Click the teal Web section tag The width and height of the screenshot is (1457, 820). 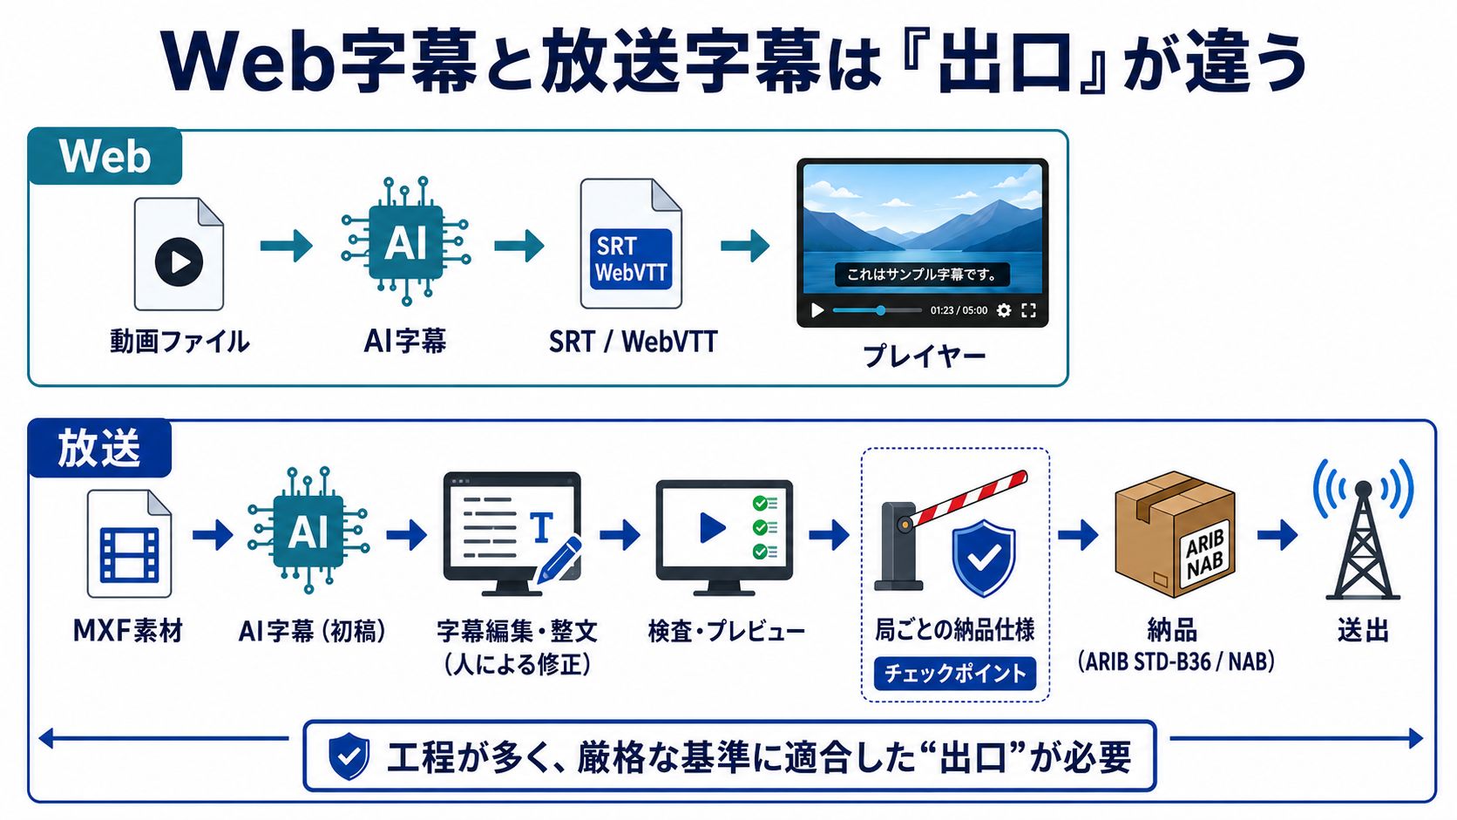(105, 156)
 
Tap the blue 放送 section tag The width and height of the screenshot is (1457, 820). (99, 448)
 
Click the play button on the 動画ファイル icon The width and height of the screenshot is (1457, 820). (179, 262)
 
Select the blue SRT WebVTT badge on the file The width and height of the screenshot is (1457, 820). (631, 259)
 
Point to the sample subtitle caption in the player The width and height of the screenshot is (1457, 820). (922, 274)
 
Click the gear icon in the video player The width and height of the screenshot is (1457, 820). (1004, 310)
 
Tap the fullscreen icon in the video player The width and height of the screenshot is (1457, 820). (1028, 310)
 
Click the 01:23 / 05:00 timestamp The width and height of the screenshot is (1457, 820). (959, 311)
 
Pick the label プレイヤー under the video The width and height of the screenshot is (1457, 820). (925, 356)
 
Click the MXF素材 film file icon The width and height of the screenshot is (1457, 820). (130, 545)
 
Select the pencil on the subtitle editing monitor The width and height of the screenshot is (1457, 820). (559, 560)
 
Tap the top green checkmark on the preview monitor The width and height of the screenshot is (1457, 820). (760, 504)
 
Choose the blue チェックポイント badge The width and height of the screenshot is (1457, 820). (955, 674)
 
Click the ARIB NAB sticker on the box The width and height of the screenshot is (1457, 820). (1204, 552)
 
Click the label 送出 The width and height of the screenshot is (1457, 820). (1363, 630)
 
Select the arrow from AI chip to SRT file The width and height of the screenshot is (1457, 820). (519, 246)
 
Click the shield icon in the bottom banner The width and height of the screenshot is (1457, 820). (349, 756)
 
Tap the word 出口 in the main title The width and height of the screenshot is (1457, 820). (1005, 63)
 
